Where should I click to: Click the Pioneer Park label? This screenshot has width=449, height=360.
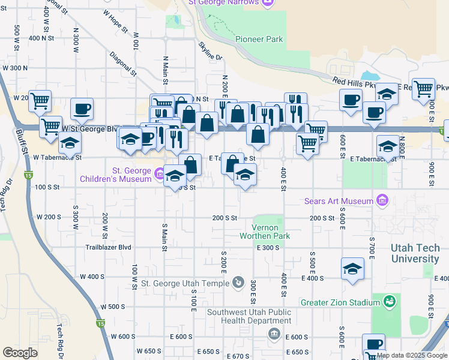coord(259,39)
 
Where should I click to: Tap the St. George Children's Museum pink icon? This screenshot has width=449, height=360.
coord(160,175)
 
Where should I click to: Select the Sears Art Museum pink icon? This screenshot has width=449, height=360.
coord(381,200)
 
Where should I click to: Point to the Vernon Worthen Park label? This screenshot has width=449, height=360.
coord(271,232)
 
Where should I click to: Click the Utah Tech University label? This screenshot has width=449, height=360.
coord(415,253)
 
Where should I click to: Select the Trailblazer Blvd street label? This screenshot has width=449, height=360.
coord(108,247)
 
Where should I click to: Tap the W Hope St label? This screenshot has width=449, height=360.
coord(115,21)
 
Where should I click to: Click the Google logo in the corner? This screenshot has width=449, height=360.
coord(20,353)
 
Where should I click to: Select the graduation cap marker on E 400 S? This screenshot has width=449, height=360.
coord(352,269)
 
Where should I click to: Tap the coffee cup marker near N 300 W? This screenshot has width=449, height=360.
coord(82,109)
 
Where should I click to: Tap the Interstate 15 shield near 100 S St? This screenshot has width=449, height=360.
coord(28,175)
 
